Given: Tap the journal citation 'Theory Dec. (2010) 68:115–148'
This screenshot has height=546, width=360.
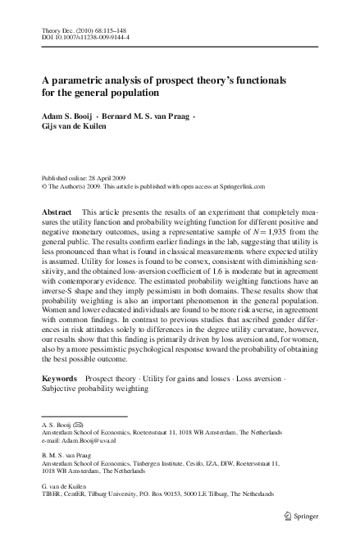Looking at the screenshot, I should pos(79,30).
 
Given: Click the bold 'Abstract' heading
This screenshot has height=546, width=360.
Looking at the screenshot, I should pos(57,212).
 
